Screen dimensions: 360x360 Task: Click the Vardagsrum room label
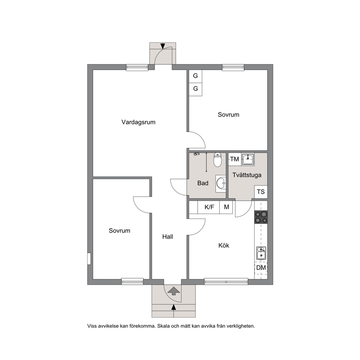pyautogui.click(x=138, y=122)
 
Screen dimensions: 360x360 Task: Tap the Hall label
pyautogui.click(x=168, y=237)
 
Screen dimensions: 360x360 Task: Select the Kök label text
pyautogui.click(x=224, y=245)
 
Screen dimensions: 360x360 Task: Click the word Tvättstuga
pyautogui.click(x=247, y=175)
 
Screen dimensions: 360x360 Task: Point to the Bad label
pyautogui.click(x=203, y=183)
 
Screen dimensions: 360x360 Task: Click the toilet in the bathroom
pyautogui.click(x=217, y=160)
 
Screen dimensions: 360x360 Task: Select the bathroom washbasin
pyautogui.click(x=221, y=183)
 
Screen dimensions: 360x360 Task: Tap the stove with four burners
pyautogui.click(x=261, y=217)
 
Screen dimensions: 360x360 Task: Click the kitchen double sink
pyautogui.click(x=261, y=253)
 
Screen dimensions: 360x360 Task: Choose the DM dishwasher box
pyautogui.click(x=261, y=268)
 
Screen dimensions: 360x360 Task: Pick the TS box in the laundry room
pyautogui.click(x=261, y=192)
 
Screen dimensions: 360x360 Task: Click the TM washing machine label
pyautogui.click(x=235, y=159)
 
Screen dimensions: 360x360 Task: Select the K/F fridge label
pyautogui.click(x=209, y=207)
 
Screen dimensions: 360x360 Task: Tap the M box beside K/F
pyautogui.click(x=226, y=207)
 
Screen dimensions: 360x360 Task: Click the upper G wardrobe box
pyautogui.click(x=195, y=76)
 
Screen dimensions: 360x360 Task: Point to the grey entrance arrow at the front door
pyautogui.click(x=174, y=291)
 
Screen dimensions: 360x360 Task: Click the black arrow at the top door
pyautogui.click(x=163, y=46)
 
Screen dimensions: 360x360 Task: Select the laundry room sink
pyautogui.click(x=248, y=159)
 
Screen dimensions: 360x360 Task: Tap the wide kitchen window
pyautogui.click(x=226, y=282)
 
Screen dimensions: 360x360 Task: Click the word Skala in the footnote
pyautogui.click(x=164, y=326)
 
